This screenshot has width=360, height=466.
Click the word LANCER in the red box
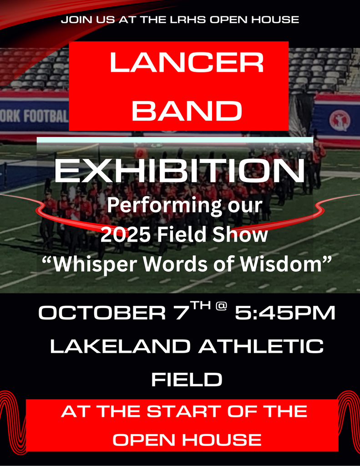[187, 62]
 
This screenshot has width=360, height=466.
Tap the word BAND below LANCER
[187, 111]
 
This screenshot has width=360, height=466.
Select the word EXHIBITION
[179, 171]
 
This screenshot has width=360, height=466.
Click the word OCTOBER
[102, 313]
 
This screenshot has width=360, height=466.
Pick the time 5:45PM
[285, 313]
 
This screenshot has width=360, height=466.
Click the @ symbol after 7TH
[221, 306]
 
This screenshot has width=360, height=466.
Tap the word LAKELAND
[121, 346]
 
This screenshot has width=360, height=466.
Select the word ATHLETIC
[261, 346]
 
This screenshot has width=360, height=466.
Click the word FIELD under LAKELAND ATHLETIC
[187, 380]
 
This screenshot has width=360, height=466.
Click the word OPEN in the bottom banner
[143, 440]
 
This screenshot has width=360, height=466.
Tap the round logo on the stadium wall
[340, 120]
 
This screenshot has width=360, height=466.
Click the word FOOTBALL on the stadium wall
[46, 116]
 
